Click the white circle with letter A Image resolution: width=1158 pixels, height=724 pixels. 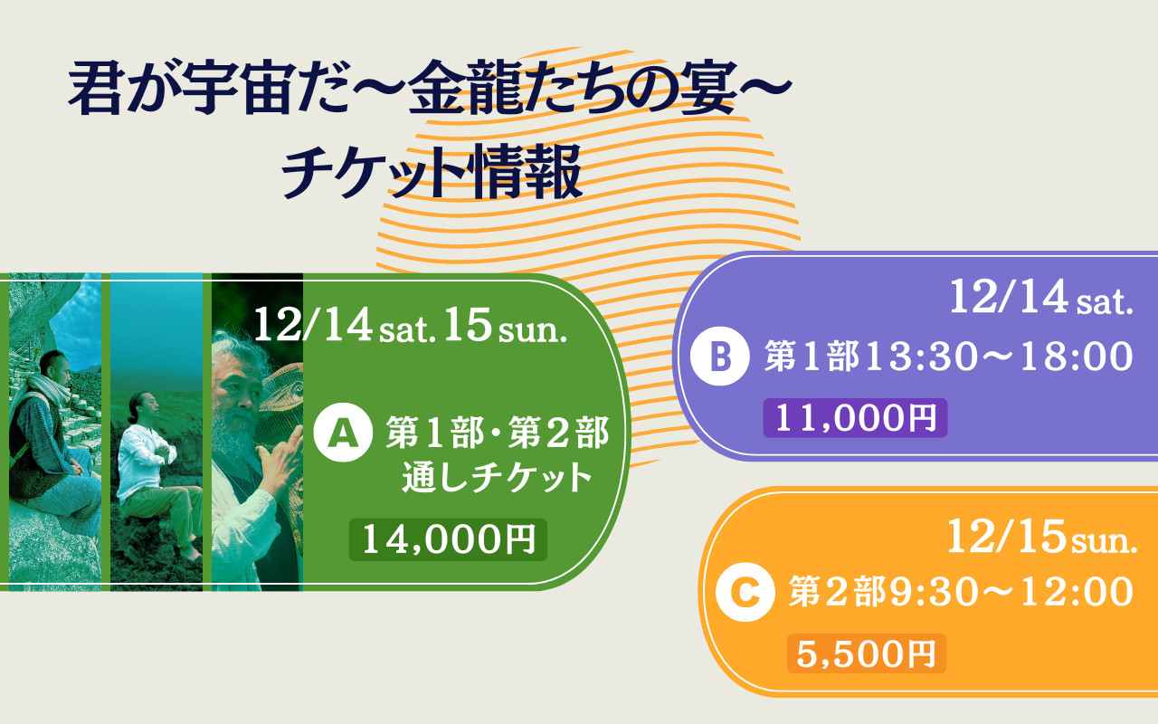(343, 433)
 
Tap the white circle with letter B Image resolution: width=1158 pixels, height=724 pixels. (719, 357)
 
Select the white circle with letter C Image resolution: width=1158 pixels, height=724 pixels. (745, 592)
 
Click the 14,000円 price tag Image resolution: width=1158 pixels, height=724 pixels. (448, 540)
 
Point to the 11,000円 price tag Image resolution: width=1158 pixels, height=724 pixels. (855, 418)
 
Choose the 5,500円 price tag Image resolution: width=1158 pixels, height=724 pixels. (867, 653)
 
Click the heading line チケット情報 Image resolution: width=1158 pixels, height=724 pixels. (432, 171)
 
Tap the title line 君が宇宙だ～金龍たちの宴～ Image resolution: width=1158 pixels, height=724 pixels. (430, 87)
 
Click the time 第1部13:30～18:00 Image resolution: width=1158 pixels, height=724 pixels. (949, 357)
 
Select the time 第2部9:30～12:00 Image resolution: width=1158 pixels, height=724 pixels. (961, 592)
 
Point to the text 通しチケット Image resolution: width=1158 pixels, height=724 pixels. (497, 478)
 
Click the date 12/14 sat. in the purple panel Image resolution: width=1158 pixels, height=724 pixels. (1041, 298)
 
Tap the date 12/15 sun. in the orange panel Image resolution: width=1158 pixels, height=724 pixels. (1041, 538)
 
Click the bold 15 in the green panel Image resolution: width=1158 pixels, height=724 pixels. (468, 325)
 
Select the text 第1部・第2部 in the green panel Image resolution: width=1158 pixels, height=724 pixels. (498, 433)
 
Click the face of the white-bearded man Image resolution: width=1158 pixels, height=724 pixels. (238, 393)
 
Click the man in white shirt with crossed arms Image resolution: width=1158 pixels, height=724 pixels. (157, 476)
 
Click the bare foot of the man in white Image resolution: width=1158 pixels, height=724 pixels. (191, 555)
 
